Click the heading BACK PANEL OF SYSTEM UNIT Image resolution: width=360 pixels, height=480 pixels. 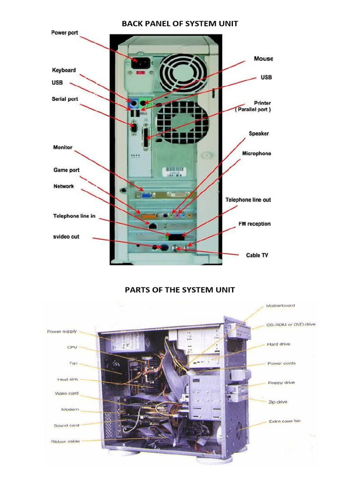tap(180, 24)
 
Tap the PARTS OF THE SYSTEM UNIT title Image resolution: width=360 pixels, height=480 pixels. tap(180, 290)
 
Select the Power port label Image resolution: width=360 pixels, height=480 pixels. tap(65, 33)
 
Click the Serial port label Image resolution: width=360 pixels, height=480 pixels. tap(65, 99)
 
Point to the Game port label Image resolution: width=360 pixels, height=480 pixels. tap(66, 170)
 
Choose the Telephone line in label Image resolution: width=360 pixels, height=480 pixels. tap(74, 216)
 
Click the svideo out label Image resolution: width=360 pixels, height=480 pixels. tap(66, 237)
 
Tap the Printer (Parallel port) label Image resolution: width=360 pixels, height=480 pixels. tap(254, 106)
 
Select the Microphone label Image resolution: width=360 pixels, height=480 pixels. tap(256, 154)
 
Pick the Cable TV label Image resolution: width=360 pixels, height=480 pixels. tap(257, 255)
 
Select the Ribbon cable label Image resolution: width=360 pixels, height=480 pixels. tap(65, 442)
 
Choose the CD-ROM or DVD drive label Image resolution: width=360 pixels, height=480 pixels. tap(291, 324)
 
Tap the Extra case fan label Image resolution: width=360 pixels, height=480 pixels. tap(285, 421)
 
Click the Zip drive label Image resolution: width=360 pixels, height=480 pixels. tap(277, 402)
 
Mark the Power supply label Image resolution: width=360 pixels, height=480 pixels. tap(62, 331)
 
